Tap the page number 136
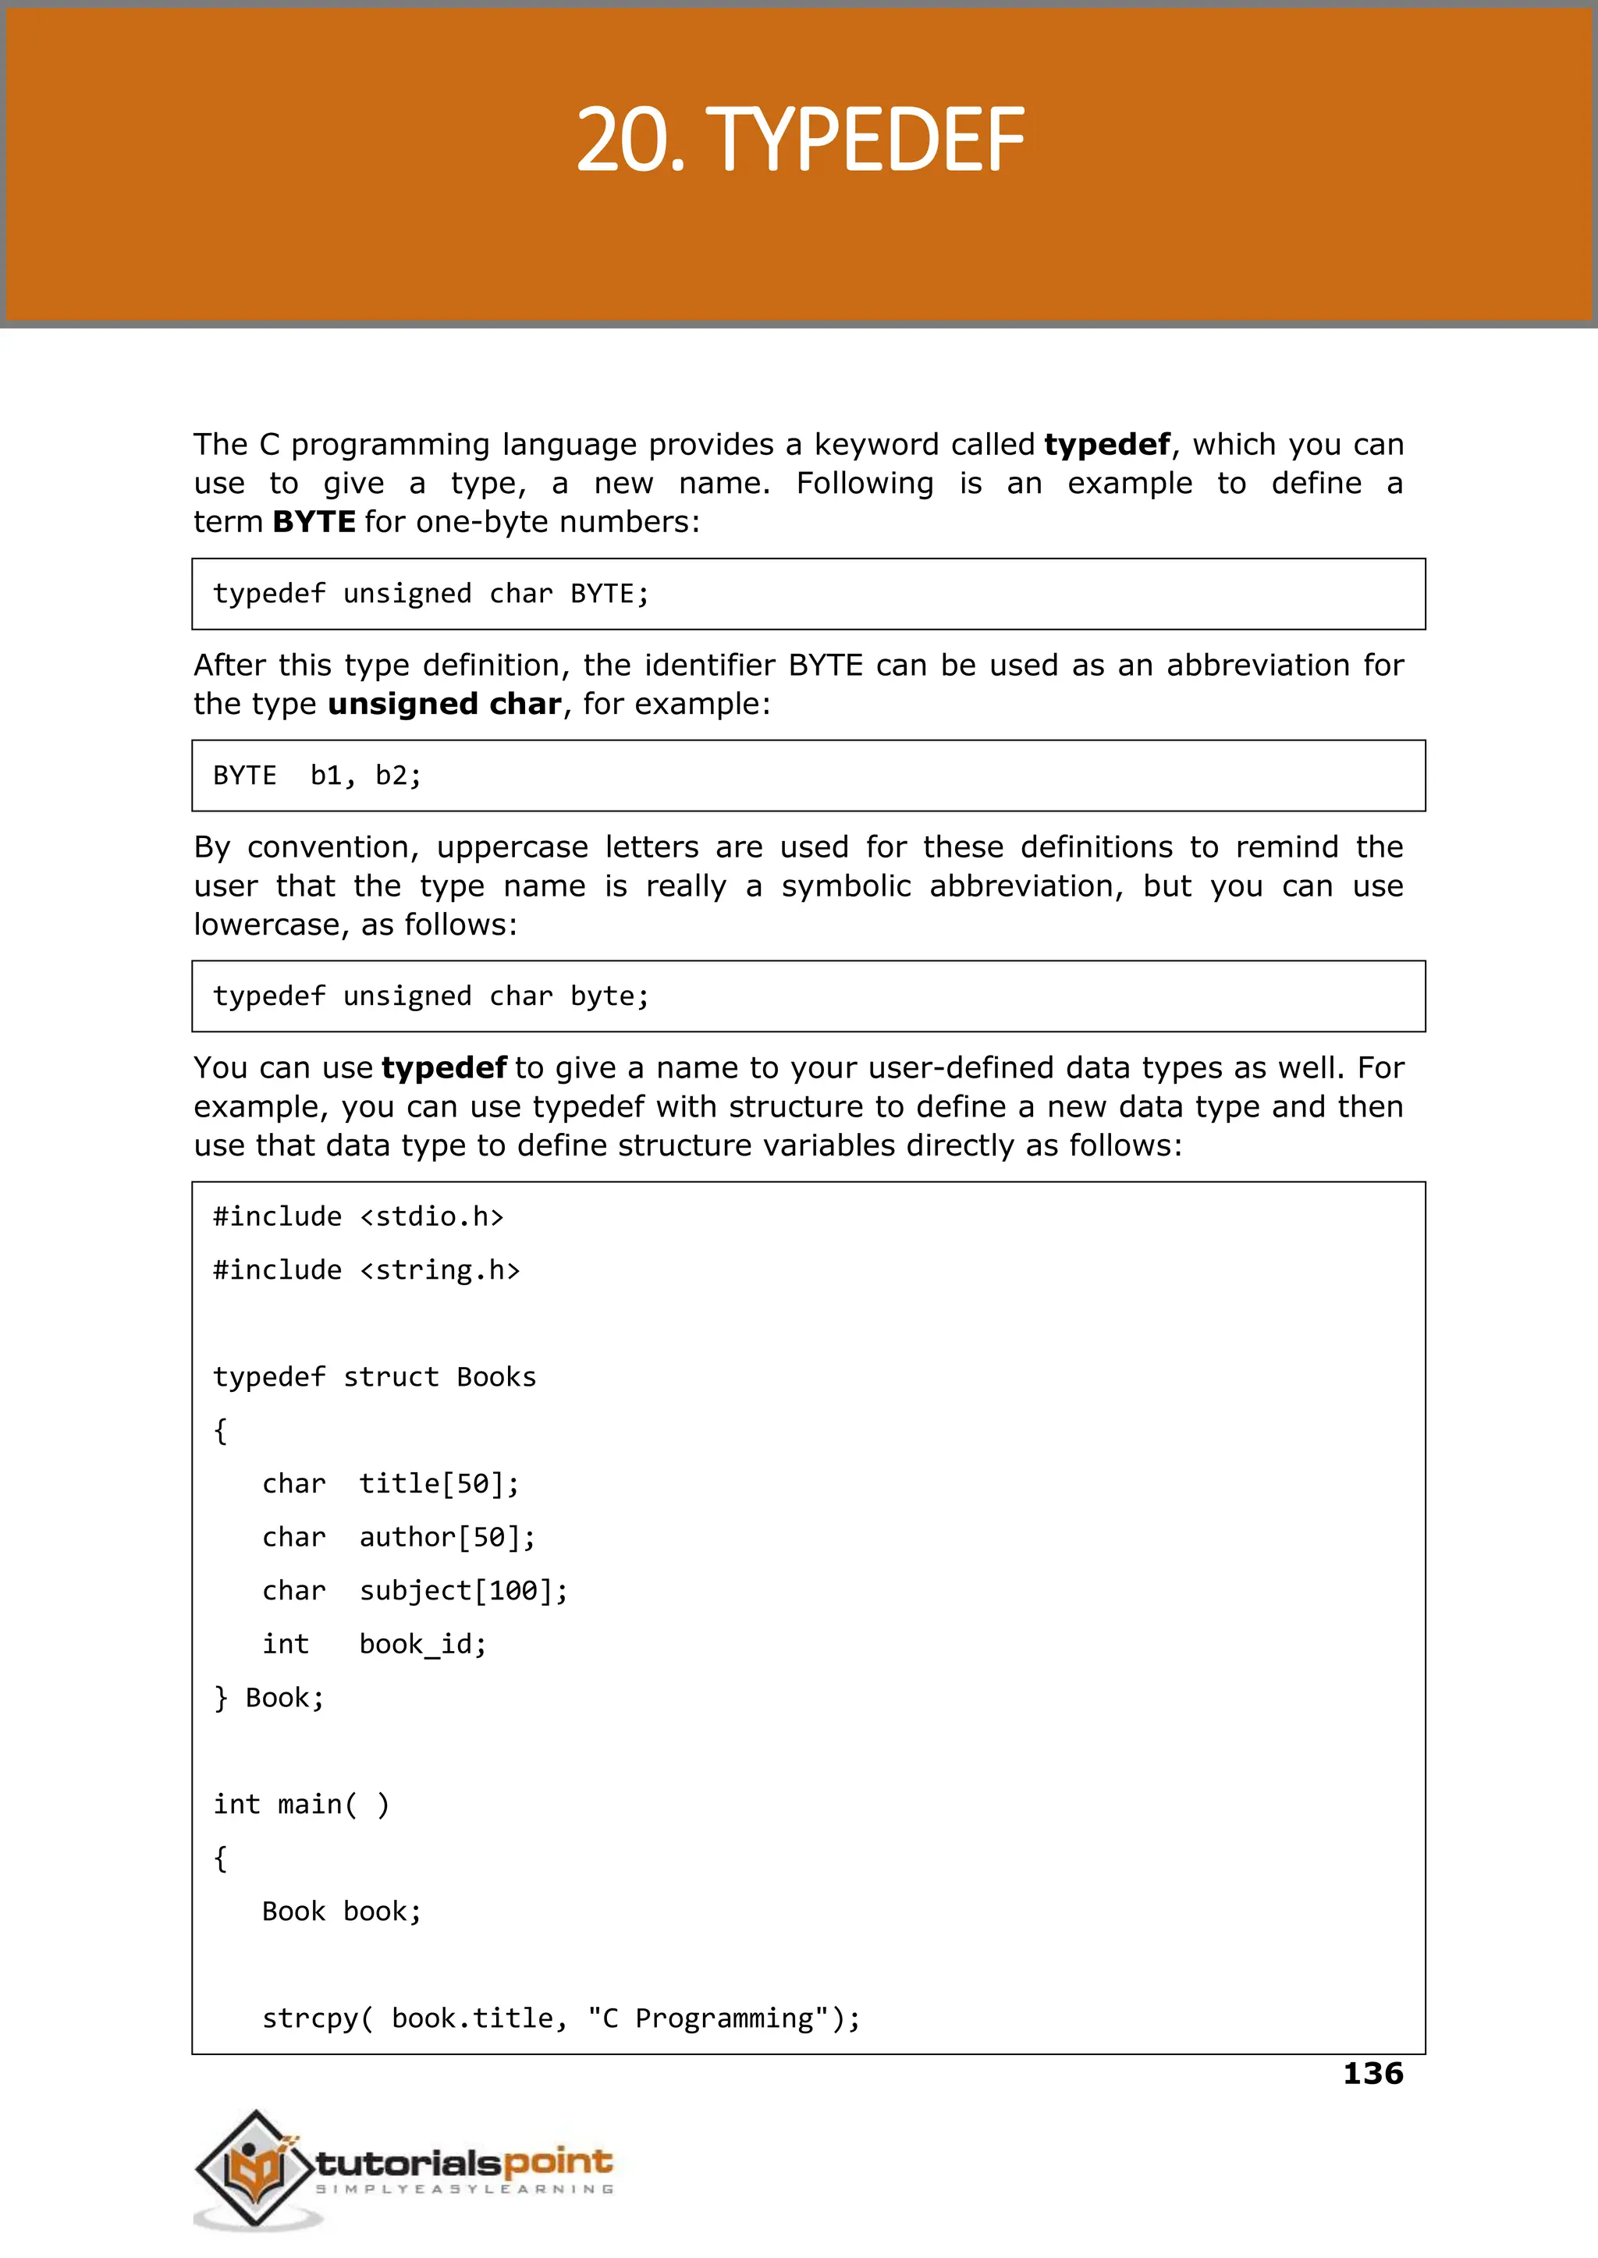pos(1373,2073)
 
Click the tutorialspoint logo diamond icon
pos(256,2167)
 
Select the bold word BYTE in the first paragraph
pos(314,521)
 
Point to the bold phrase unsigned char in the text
pos(444,704)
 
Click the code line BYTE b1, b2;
pos(317,776)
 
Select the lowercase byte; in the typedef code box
pos(609,996)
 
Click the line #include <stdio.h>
pos(358,1217)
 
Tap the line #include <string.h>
pos(366,1270)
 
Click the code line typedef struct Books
pos(374,1376)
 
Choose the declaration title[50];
pos(439,1484)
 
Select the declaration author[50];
pos(447,1537)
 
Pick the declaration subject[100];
pos(463,1591)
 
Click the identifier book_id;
pos(422,1644)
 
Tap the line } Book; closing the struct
pos(268,1697)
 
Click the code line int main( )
pos(301,1805)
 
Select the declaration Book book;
pos(342,1911)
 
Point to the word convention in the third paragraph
pos(332,847)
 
